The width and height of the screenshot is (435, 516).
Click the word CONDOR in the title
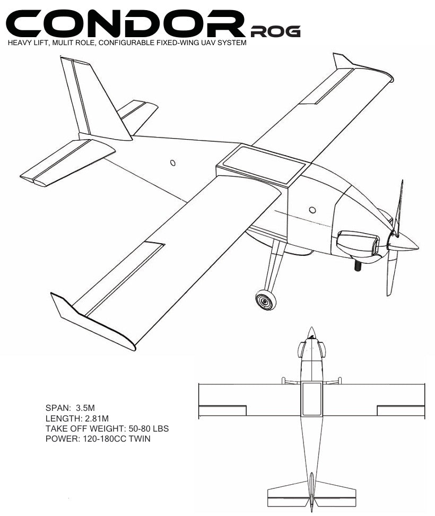(125, 23)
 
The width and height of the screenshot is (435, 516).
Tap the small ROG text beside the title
(275, 31)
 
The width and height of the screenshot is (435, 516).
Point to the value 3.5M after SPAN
(85, 408)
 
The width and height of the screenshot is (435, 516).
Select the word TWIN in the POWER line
(140, 438)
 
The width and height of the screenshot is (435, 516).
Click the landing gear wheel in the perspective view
(265, 300)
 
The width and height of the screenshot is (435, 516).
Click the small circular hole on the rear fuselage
(172, 162)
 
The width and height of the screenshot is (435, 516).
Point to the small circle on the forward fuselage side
(312, 210)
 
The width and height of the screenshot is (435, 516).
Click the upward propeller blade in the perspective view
(398, 208)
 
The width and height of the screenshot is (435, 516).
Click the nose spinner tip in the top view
(311, 328)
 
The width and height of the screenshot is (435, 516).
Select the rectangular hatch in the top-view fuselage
(312, 399)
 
